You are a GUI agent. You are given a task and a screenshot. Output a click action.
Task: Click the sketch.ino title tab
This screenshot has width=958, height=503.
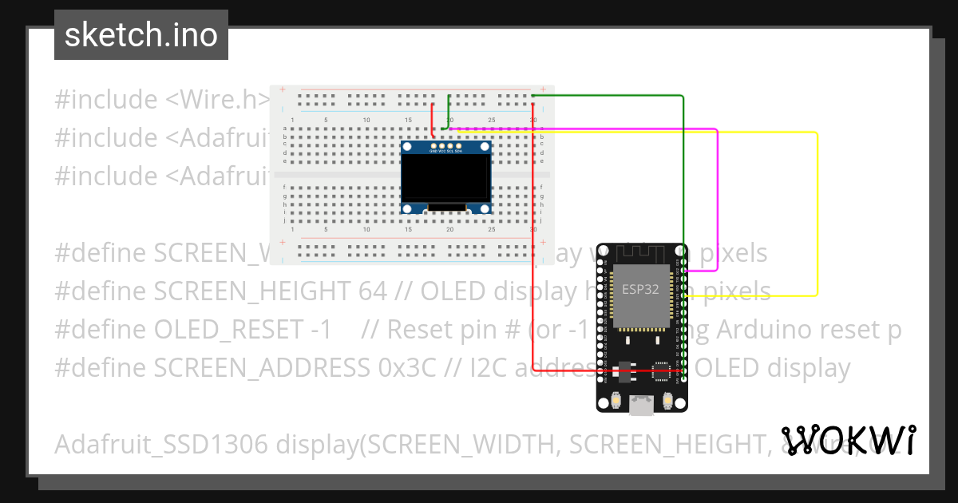(141, 35)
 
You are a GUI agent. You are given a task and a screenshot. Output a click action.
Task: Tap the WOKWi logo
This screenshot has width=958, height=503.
(848, 440)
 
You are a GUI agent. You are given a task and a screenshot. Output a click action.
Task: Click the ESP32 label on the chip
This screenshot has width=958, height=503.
(640, 289)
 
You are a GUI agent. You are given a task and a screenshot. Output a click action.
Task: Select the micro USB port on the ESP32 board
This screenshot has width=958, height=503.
(641, 406)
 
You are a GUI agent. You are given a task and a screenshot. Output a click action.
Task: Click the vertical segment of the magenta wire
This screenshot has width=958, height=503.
(717, 200)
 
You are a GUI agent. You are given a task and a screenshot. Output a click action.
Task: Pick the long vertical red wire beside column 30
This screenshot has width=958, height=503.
(533, 240)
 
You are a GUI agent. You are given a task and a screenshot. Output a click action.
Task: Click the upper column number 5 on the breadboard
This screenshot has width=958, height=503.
(325, 120)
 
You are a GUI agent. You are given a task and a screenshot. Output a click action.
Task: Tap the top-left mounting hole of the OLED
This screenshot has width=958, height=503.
(407, 147)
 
